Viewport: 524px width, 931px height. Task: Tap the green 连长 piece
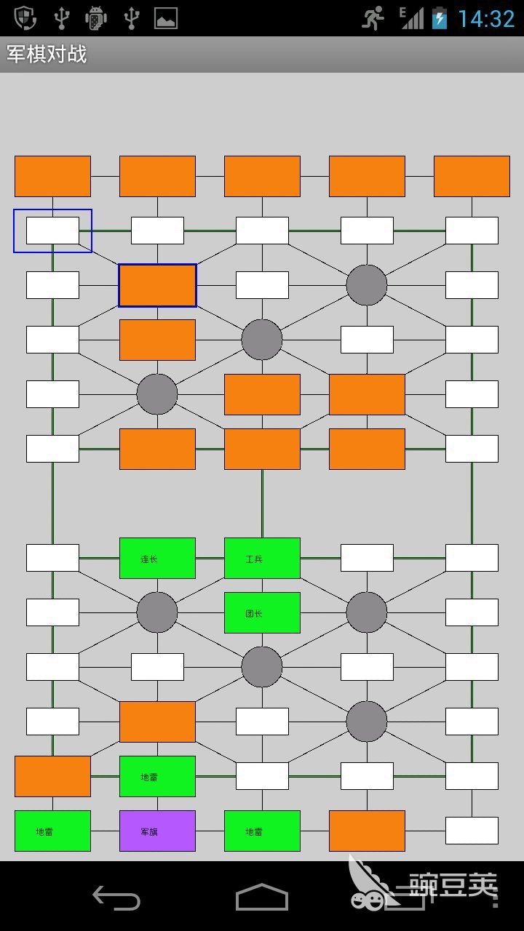tap(157, 558)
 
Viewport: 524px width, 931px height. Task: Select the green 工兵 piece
tap(262, 558)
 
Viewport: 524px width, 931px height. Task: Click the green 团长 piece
tap(262, 612)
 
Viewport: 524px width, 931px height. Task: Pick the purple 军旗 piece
tap(157, 831)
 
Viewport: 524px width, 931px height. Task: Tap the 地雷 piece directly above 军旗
tap(157, 776)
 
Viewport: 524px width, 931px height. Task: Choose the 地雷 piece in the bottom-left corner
tap(52, 831)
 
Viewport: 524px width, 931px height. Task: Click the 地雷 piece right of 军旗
tap(262, 831)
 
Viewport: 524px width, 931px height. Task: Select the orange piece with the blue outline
tap(157, 285)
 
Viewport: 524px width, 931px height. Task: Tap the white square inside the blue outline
tap(52, 231)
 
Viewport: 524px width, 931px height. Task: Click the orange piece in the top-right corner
tap(472, 176)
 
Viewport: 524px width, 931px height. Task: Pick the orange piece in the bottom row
tap(367, 831)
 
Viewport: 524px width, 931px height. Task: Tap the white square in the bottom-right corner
tap(472, 831)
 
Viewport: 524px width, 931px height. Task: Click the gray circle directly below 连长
tap(157, 612)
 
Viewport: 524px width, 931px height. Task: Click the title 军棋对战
tap(47, 55)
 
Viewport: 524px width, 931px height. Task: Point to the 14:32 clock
tap(485, 18)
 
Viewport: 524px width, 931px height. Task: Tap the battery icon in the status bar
tap(440, 18)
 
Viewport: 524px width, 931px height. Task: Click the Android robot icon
tap(96, 18)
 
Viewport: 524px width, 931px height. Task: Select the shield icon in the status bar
tap(26, 17)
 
